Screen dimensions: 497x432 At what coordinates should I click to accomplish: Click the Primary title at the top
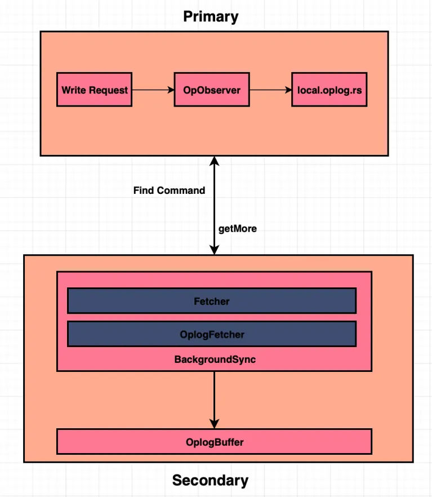click(x=211, y=16)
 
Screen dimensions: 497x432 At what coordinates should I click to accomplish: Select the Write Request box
click(x=94, y=90)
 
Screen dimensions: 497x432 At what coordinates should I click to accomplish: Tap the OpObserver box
click(x=211, y=90)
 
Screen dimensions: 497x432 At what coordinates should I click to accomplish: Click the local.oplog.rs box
click(x=329, y=90)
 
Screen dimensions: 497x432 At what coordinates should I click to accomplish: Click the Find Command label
click(x=169, y=190)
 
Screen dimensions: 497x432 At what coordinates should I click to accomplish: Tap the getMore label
click(x=237, y=229)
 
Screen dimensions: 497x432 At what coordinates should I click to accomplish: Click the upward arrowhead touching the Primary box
click(x=214, y=161)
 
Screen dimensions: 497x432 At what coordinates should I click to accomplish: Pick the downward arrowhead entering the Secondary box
click(x=214, y=249)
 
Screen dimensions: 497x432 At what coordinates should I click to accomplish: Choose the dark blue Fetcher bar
click(x=211, y=301)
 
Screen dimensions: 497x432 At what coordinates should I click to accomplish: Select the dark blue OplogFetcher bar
click(x=211, y=334)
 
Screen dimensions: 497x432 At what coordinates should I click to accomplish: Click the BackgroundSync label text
click(x=215, y=359)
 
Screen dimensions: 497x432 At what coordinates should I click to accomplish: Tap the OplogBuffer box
click(x=214, y=442)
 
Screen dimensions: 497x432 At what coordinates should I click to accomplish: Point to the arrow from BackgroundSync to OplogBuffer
click(x=214, y=397)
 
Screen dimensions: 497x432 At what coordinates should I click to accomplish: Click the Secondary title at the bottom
click(x=210, y=481)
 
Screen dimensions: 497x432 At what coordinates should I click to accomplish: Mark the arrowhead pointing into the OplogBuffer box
click(x=214, y=423)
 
